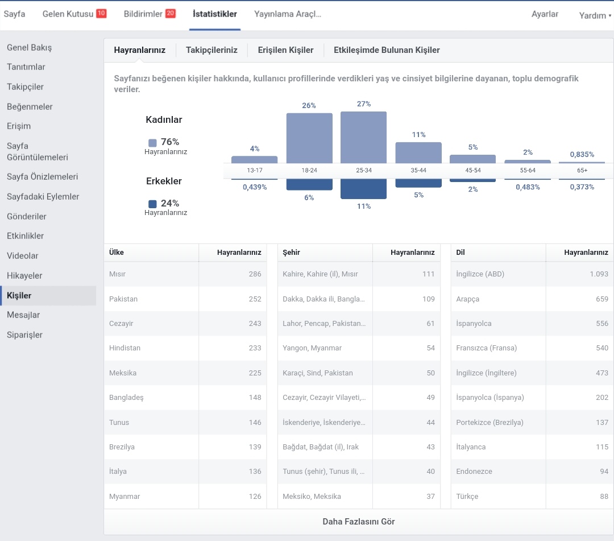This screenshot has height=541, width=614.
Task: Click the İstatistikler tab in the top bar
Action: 214,14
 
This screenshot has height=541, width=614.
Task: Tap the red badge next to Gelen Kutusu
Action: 101,13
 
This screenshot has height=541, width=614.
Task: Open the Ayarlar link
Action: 545,14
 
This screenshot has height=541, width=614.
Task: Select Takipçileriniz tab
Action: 211,50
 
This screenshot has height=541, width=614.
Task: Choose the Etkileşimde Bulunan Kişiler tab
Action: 387,50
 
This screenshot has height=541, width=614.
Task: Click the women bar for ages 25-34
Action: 363,138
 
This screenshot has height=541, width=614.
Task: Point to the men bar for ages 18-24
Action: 309,184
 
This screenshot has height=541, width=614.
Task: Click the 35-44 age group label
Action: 418,171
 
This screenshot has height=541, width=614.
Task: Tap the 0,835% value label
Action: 582,154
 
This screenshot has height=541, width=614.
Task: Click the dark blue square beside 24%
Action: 153,204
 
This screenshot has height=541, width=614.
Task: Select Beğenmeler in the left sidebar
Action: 30,106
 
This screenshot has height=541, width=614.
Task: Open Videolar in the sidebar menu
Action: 23,256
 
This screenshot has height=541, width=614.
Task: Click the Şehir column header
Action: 291,252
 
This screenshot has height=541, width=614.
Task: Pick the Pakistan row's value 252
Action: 255,299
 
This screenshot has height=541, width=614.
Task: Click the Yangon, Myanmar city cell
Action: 312,348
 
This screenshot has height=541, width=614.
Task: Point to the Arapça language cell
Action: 467,299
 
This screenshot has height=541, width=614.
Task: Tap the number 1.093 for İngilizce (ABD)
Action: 599,274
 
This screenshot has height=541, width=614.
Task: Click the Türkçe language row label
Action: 467,496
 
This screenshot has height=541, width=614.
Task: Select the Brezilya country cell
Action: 122,447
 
